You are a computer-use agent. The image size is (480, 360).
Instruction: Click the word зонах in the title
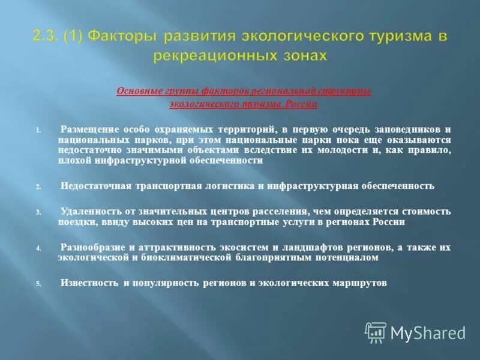299,56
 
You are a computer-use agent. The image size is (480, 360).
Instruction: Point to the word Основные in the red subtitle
136,91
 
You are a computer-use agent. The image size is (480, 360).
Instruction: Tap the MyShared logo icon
376,332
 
